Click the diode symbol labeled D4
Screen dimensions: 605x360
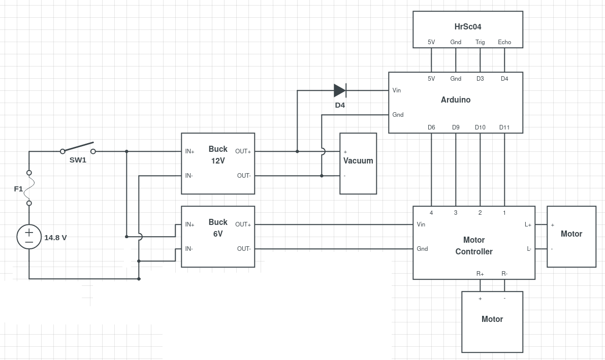point(340,91)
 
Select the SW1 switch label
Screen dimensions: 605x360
point(78,160)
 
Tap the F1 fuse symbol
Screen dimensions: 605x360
point(29,188)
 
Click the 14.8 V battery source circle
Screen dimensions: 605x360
point(29,237)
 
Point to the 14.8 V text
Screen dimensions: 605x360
point(55,238)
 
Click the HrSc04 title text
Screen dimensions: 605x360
point(468,26)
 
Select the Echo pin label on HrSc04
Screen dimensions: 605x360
point(504,42)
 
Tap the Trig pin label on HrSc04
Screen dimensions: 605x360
point(480,42)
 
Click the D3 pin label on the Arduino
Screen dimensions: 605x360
point(480,79)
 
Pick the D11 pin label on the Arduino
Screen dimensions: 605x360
point(504,127)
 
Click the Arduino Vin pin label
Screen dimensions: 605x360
point(397,90)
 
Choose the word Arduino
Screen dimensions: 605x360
point(456,100)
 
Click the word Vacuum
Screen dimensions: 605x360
point(358,160)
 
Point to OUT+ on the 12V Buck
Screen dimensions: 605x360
point(243,152)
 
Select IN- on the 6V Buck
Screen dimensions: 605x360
point(189,249)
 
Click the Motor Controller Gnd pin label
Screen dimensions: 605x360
point(422,249)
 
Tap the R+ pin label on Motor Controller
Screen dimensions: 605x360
point(480,274)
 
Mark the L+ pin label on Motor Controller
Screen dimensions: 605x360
point(528,224)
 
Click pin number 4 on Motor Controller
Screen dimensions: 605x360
point(431,213)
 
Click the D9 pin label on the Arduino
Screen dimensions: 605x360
point(456,127)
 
